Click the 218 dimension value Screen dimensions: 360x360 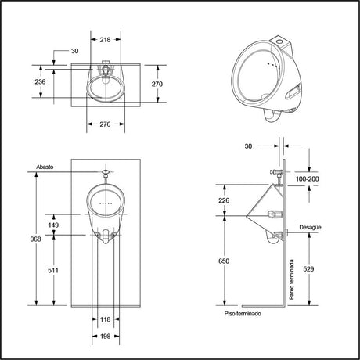coord(105,40)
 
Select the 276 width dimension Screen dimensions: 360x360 coord(105,124)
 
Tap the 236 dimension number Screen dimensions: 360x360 coord(40,81)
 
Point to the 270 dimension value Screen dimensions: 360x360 coord(157,84)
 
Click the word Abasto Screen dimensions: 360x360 coord(45,167)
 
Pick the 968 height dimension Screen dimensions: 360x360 coord(35,239)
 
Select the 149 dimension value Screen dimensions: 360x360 coord(53,225)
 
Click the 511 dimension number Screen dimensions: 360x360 coord(53,271)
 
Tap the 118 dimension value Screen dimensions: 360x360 coord(106,319)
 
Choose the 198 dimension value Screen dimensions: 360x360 coord(106,337)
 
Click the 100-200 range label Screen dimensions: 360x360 coord(307,179)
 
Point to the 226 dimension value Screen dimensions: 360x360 coord(224,200)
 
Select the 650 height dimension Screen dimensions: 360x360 coord(224,261)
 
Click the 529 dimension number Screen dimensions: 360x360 coord(308,269)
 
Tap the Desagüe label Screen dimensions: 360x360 coord(310,227)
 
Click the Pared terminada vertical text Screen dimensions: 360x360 coord(292,279)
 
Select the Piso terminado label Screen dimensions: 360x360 coord(243,314)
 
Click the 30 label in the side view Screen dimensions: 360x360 coord(248,146)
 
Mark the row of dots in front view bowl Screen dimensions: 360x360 coord(106,203)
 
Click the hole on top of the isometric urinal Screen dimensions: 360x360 coord(279,41)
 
